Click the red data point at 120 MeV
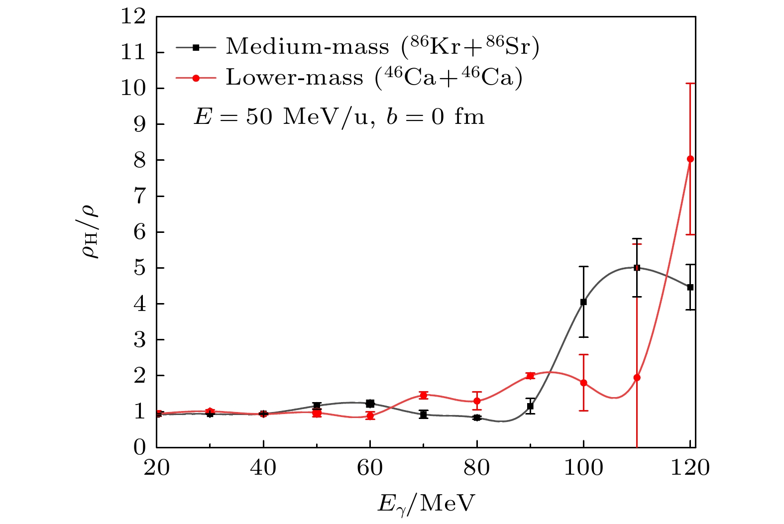pyautogui.click(x=690, y=159)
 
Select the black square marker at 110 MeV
pyautogui.click(x=637, y=268)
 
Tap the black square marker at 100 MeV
pyautogui.click(x=583, y=302)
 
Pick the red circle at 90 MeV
pyautogui.click(x=530, y=376)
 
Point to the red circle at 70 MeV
pyautogui.click(x=424, y=395)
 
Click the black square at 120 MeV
pyautogui.click(x=690, y=287)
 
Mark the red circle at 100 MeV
pyautogui.click(x=583, y=383)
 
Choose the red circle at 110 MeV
pyautogui.click(x=637, y=377)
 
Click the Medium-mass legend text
pyautogui.click(x=382, y=47)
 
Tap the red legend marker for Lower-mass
pyautogui.click(x=196, y=78)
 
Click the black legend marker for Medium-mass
pyautogui.click(x=196, y=47)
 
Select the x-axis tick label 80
pyautogui.click(x=477, y=468)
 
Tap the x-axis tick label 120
pyautogui.click(x=689, y=468)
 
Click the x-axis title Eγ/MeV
pyautogui.click(x=426, y=503)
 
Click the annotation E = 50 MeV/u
pyautogui.click(x=339, y=117)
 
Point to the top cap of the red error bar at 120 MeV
pyautogui.click(x=690, y=83)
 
